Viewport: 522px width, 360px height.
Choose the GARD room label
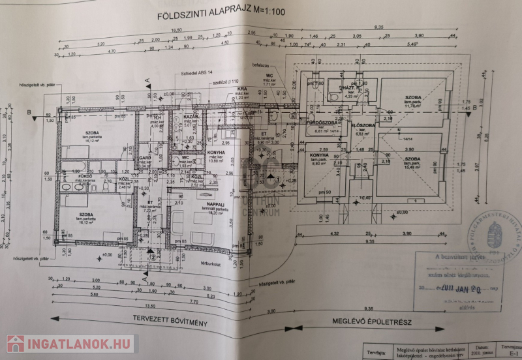[x=145, y=158]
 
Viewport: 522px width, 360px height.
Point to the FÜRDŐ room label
[x=68, y=176]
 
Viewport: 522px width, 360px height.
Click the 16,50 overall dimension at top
[x=159, y=30]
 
